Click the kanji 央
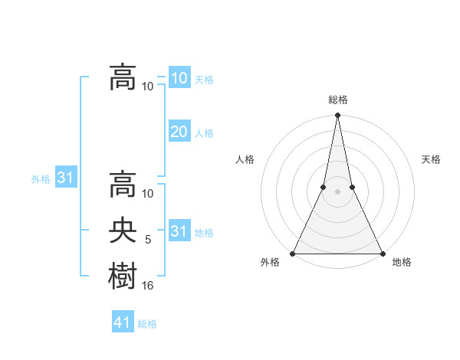pyautogui.click(x=123, y=231)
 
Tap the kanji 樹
pyautogui.click(x=123, y=275)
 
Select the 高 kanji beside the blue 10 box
pyautogui.click(x=123, y=77)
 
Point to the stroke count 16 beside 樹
pyautogui.click(x=148, y=286)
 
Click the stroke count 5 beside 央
pyautogui.click(x=148, y=240)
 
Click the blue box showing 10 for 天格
pyautogui.click(x=179, y=77)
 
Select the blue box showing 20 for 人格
pyautogui.click(x=179, y=131)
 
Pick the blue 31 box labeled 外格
pyautogui.click(x=65, y=178)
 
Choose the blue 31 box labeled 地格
pyautogui.click(x=179, y=231)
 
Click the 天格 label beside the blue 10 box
pyautogui.click(x=204, y=80)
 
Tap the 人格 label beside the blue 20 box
pyautogui.click(x=204, y=133)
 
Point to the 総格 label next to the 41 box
pyautogui.click(x=147, y=324)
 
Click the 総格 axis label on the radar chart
pyautogui.click(x=337, y=100)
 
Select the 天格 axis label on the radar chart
pyautogui.click(x=432, y=159)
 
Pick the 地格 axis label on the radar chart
pyautogui.click(x=402, y=262)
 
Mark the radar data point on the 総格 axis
pyautogui.click(x=337, y=116)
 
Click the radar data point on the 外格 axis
pyautogui.click(x=293, y=254)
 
